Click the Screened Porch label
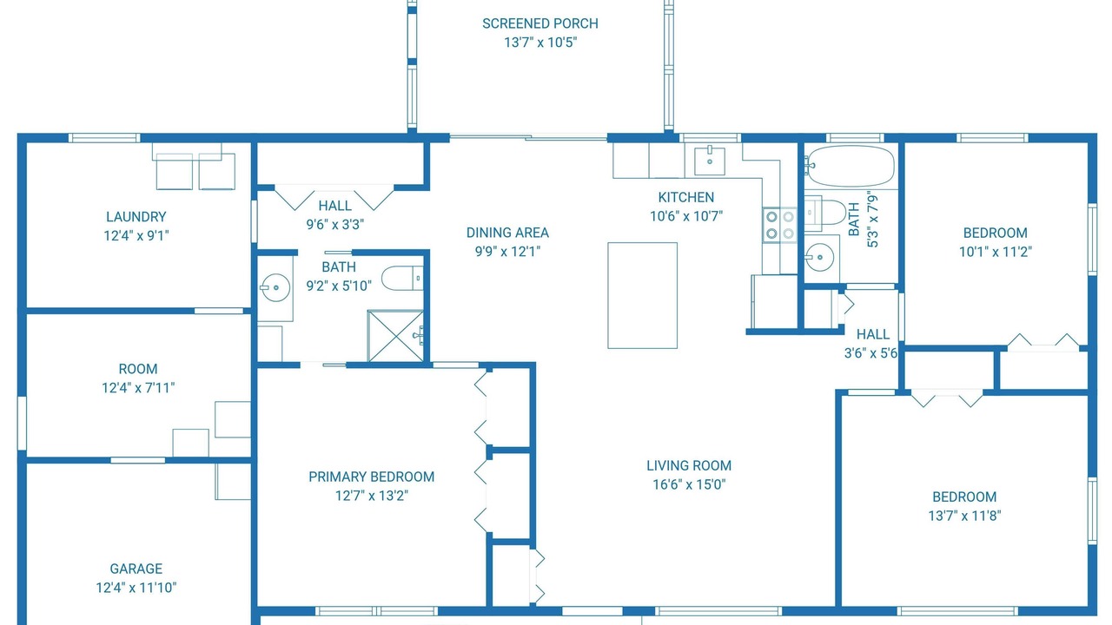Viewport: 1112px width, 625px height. point(540,23)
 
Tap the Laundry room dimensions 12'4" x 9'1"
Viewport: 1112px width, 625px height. point(136,235)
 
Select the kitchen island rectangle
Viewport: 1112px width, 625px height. point(642,296)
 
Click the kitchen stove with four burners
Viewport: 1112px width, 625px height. point(780,225)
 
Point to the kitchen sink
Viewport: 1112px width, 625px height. point(710,161)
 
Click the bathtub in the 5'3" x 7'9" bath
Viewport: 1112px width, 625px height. point(849,166)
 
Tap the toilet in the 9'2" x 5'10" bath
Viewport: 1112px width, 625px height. point(402,279)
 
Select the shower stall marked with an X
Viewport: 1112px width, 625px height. point(395,336)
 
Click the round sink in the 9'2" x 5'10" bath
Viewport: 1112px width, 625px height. point(275,287)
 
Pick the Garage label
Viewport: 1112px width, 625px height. point(136,569)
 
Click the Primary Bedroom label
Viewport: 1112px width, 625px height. point(371,477)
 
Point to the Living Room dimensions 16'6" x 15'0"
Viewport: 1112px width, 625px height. point(689,484)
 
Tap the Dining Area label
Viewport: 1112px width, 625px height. point(507,233)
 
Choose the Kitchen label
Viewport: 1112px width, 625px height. point(686,197)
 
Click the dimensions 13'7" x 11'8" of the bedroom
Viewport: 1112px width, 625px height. point(964,516)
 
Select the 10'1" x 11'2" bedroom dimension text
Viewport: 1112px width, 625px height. point(996,252)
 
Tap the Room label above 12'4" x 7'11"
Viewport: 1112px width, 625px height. point(138,369)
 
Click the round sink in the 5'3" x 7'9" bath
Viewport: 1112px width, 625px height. point(819,257)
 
